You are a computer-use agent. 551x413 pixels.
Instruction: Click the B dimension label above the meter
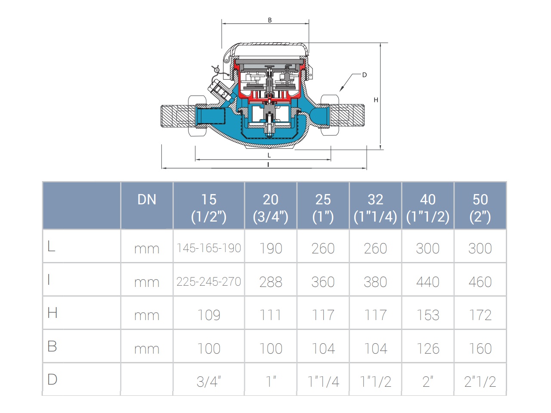[269, 20]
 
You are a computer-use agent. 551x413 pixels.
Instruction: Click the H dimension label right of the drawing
[376, 100]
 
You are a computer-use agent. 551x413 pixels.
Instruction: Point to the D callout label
[365, 75]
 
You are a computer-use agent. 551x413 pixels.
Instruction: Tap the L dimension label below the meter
[269, 155]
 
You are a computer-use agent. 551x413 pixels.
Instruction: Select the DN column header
[147, 199]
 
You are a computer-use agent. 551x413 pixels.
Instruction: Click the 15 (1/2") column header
[209, 208]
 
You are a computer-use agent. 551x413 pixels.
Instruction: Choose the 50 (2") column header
[480, 208]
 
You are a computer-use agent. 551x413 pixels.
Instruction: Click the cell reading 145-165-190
[209, 248]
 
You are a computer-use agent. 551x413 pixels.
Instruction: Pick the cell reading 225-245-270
[209, 281]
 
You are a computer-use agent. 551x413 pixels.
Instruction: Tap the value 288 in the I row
[271, 282]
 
